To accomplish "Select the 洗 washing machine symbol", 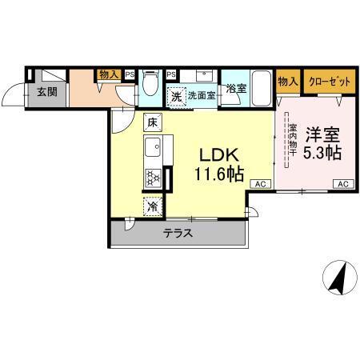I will [176, 96].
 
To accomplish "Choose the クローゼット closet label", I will [328, 81].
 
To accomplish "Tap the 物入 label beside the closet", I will [287, 81].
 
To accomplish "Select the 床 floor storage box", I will [152, 123].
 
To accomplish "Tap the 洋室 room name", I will [322, 134].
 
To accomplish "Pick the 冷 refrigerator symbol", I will [152, 206].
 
